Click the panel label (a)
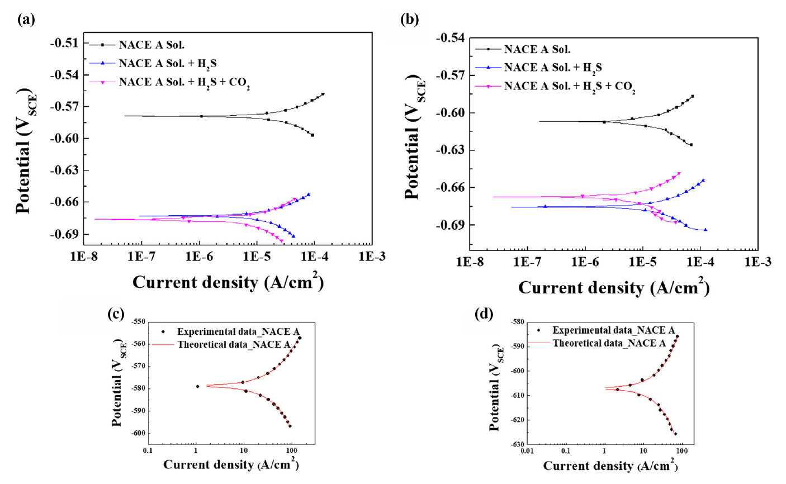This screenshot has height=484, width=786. pos(26,20)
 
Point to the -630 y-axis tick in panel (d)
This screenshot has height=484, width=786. pos(515,445)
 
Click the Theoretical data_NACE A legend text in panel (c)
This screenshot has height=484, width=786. pos(233,345)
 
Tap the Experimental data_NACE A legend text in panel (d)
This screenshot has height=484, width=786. pos(614,330)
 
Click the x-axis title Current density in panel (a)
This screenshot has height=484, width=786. pos(228,282)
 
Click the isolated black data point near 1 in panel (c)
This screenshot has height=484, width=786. pos(197,386)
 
